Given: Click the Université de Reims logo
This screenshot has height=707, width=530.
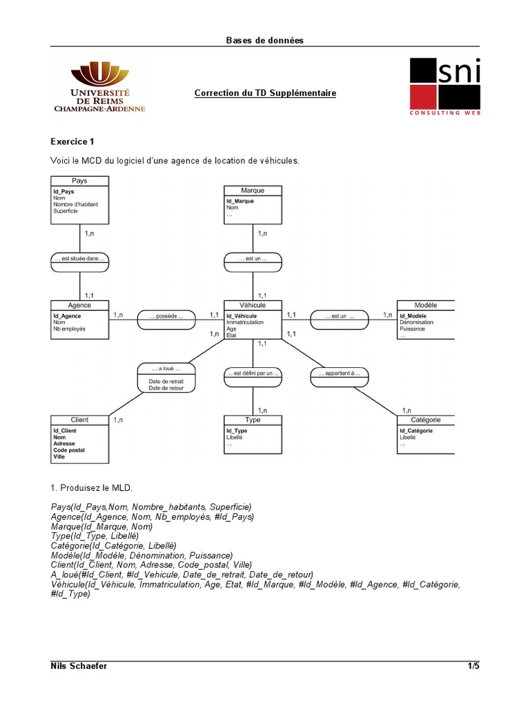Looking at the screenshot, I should [x=99, y=87].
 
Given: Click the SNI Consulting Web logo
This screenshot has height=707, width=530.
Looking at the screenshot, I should [x=445, y=86].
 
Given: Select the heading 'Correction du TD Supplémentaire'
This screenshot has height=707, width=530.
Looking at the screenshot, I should [x=265, y=93].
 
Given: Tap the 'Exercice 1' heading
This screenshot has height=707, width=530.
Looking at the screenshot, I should [x=72, y=142].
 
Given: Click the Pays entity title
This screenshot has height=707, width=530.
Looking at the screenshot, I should [x=79, y=181].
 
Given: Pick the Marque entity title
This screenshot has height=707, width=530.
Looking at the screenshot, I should [x=253, y=191].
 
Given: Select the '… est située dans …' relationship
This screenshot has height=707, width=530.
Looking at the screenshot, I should [x=79, y=260].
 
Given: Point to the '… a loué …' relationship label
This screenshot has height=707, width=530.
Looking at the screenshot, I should [x=166, y=369].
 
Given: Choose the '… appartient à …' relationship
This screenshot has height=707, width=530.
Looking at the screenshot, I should [x=340, y=374].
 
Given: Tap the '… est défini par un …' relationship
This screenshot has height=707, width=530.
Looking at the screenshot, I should [x=253, y=374].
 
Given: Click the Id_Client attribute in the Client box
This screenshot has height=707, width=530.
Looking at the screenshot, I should [x=65, y=431].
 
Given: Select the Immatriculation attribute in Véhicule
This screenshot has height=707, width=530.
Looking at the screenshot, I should [x=244, y=322].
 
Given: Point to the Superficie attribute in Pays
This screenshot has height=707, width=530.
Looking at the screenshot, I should [x=67, y=211].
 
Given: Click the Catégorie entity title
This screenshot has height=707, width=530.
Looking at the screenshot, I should [x=426, y=420].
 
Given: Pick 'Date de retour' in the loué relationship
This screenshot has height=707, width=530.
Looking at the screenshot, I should [x=166, y=388].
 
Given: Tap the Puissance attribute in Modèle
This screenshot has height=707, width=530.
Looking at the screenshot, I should [x=412, y=329].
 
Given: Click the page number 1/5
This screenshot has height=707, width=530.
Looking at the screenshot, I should [x=473, y=666].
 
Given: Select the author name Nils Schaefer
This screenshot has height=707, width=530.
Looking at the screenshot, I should [x=79, y=666].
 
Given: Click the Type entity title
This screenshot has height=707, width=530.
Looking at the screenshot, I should [x=253, y=420].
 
